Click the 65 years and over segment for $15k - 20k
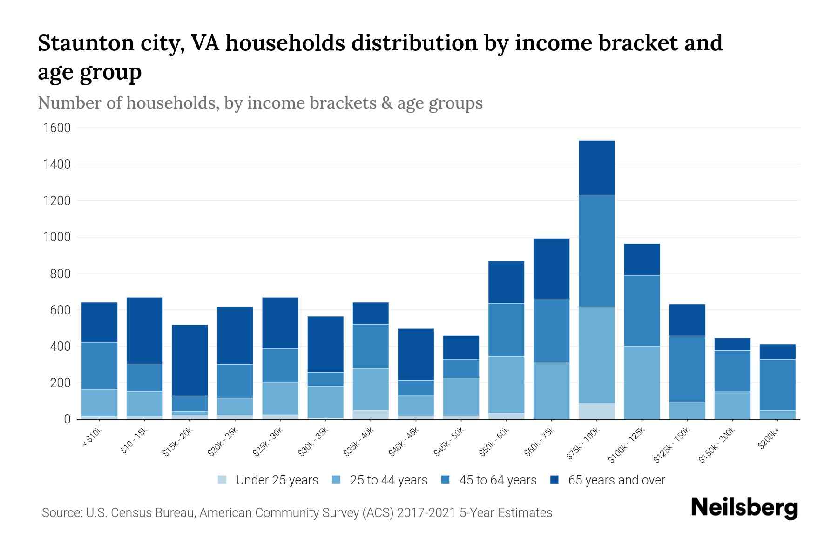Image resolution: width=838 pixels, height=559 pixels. [x=190, y=360]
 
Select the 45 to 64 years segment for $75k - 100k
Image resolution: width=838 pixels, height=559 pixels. [x=597, y=251]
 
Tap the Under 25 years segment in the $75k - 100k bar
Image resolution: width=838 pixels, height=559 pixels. [x=597, y=411]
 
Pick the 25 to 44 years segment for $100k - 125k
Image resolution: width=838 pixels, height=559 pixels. [x=642, y=382]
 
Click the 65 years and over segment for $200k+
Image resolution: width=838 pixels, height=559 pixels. [x=777, y=351]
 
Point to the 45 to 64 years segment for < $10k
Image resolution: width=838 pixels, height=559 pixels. [x=100, y=366]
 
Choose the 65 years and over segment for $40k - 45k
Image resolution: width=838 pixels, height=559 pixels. [x=416, y=354]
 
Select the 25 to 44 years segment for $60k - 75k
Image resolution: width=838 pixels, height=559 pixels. [x=552, y=391]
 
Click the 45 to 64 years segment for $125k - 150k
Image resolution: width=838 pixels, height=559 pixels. [x=687, y=369]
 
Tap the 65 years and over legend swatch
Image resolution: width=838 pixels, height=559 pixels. [x=554, y=480]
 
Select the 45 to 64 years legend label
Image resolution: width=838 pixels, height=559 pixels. [x=498, y=480]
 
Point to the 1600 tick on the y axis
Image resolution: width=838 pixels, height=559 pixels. [x=57, y=128]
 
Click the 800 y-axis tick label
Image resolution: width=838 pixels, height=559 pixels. [x=61, y=274]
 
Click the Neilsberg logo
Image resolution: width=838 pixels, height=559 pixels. [x=744, y=508]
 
